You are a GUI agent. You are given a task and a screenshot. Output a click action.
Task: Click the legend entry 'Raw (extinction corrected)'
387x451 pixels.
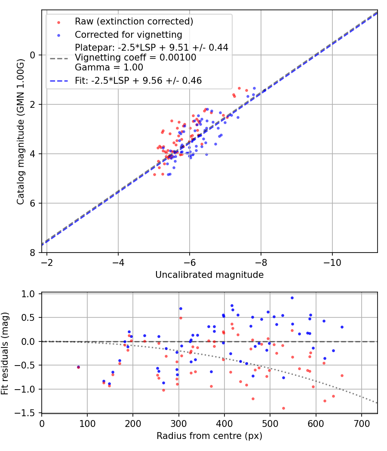click(x=134, y=21)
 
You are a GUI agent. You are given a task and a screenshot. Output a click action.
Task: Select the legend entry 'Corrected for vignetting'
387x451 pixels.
click(x=128, y=35)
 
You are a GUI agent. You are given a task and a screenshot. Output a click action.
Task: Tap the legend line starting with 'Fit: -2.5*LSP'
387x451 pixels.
click(x=138, y=80)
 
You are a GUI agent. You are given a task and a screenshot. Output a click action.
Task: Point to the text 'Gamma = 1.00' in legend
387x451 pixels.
click(x=109, y=67)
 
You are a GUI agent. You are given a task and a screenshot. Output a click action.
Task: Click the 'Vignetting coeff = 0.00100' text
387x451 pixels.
click(x=135, y=58)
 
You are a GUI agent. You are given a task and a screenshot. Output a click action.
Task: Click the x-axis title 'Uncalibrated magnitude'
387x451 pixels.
click(x=209, y=274)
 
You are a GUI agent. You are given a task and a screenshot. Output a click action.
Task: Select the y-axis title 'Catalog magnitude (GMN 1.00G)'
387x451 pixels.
click(x=20, y=132)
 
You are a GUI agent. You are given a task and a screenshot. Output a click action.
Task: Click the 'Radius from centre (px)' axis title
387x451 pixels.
click(x=209, y=436)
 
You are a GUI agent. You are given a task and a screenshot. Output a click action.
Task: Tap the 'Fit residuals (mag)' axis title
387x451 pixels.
click(x=5, y=353)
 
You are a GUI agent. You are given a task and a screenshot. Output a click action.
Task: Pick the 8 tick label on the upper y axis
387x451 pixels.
click(x=33, y=253)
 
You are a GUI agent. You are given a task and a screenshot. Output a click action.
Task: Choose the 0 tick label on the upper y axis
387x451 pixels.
click(x=33, y=55)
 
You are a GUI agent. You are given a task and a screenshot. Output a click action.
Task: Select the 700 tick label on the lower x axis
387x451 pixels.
click(x=362, y=423)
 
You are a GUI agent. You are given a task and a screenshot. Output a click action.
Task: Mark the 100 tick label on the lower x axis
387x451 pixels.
click(x=87, y=423)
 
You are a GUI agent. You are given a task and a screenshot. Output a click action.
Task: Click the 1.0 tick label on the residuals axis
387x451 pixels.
click(x=29, y=294)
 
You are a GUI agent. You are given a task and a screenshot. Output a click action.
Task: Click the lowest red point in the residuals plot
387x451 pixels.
click(x=283, y=408)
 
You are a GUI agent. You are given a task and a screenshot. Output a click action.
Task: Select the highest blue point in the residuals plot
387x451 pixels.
click(x=292, y=298)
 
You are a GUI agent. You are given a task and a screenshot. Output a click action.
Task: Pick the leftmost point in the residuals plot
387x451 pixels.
click(x=78, y=367)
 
